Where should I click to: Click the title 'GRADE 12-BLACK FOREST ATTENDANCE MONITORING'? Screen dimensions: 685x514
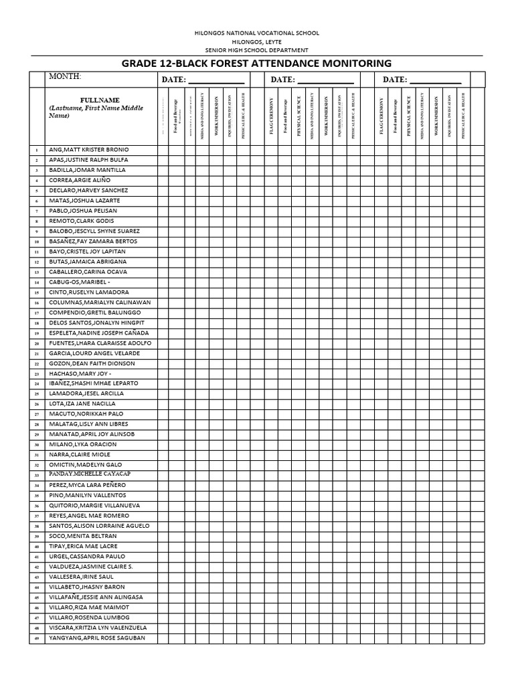click(256, 64)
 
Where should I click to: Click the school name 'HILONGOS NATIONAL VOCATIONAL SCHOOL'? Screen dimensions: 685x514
click(256, 33)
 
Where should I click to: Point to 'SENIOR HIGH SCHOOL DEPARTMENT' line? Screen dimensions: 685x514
click(256, 50)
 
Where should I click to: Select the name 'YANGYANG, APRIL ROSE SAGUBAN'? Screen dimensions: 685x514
click(97, 638)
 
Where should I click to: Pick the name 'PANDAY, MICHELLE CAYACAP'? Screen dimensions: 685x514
click(90, 474)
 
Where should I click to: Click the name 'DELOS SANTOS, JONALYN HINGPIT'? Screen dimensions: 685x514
click(96, 322)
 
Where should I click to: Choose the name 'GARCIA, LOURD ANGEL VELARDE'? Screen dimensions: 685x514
click(94, 353)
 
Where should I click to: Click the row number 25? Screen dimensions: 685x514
click(37, 394)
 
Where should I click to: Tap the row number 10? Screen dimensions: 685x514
click(37, 241)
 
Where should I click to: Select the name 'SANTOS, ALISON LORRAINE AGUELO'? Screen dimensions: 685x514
click(99, 526)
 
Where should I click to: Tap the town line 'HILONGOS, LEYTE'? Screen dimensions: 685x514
click(256, 41)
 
